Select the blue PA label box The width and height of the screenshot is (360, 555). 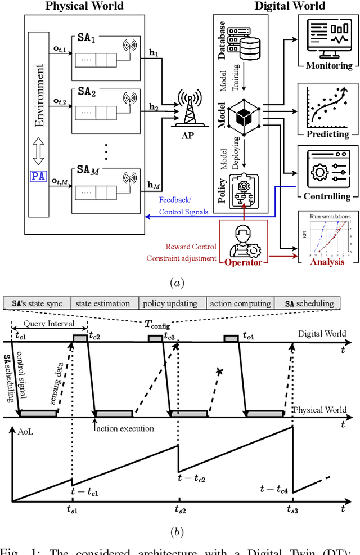[39, 177]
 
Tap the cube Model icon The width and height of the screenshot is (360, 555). [244, 115]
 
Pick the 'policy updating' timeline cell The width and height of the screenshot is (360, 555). [170, 303]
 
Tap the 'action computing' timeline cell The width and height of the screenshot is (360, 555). [240, 303]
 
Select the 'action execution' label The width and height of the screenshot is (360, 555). [125, 428]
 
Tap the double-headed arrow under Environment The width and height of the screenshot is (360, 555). [39, 150]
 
